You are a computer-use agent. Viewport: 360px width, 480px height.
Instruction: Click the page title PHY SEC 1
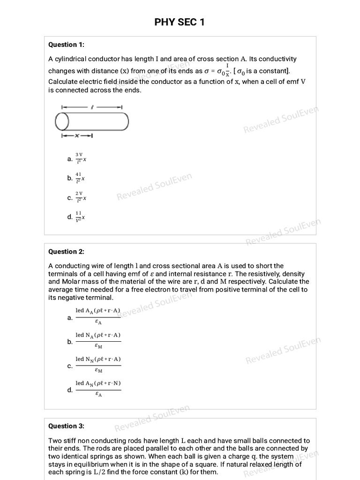(180, 22)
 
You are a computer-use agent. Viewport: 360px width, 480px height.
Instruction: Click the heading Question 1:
(66, 45)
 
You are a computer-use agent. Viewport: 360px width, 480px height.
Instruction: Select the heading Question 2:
(66, 251)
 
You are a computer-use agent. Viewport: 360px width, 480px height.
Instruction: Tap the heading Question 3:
(66, 426)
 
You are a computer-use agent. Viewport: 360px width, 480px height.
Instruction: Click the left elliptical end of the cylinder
(62, 122)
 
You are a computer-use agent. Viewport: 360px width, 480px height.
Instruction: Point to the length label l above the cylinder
(92, 107)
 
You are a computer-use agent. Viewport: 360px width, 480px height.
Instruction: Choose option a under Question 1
(70, 159)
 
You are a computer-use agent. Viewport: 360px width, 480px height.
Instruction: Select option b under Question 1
(70, 178)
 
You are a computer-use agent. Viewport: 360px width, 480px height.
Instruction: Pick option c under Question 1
(70, 198)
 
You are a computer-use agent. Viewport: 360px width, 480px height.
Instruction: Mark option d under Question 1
(70, 217)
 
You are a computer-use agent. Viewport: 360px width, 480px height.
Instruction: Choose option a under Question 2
(70, 318)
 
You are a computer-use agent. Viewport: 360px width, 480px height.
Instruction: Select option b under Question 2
(70, 342)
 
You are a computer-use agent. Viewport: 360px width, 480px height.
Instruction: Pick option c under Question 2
(70, 366)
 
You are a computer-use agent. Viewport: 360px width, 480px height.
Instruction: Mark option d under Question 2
(70, 390)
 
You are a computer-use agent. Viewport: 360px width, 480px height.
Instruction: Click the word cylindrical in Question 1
(71, 59)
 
